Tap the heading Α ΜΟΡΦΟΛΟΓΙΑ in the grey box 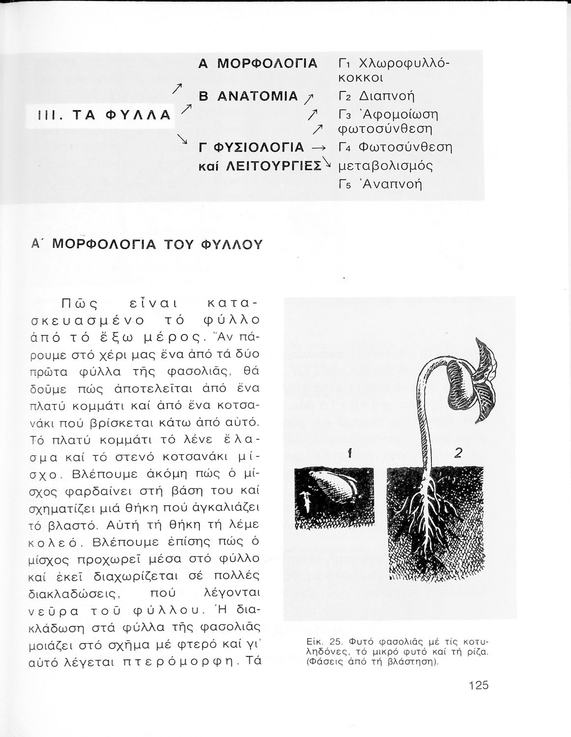click(x=258, y=64)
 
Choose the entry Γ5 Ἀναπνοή click(x=381, y=184)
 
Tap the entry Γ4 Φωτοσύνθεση click(x=396, y=147)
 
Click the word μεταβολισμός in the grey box click(x=386, y=166)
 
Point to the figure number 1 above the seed click(x=349, y=455)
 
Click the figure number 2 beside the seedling click(x=458, y=454)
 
